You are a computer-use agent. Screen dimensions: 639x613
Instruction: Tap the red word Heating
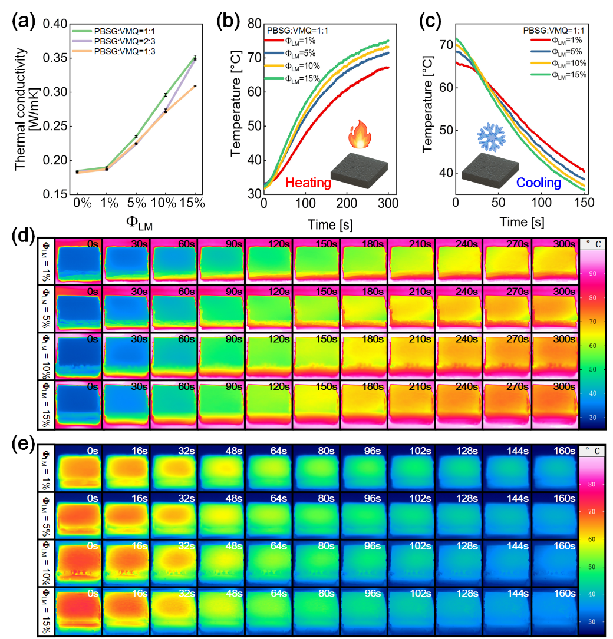pyautogui.click(x=308, y=183)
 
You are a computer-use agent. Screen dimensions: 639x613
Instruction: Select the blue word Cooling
pyautogui.click(x=538, y=183)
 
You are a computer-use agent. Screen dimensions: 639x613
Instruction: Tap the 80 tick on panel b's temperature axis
pyautogui.click(x=253, y=24)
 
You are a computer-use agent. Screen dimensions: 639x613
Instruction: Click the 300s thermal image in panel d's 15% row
pyautogui.click(x=555, y=403)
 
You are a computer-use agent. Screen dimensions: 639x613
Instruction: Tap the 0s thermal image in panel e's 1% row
pyautogui.click(x=78, y=467)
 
